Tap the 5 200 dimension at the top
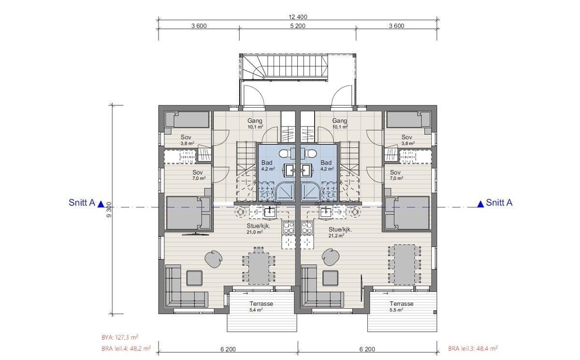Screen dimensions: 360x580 297,26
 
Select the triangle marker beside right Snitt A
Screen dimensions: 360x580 480,204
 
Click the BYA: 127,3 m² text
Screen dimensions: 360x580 117,338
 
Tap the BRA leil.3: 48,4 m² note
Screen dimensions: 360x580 473,348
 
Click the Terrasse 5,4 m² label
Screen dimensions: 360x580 261,306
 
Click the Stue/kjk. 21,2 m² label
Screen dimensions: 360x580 340,232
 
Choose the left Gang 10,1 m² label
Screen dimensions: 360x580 255,124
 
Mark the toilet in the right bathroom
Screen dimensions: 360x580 312,154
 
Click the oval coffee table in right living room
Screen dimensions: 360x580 330,257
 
